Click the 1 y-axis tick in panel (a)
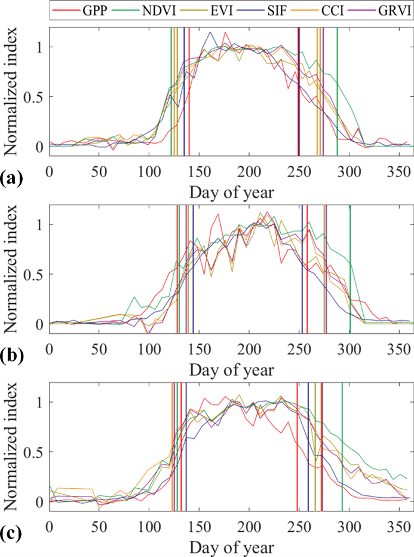pos(40,47)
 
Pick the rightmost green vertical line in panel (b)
pos(350,266)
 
